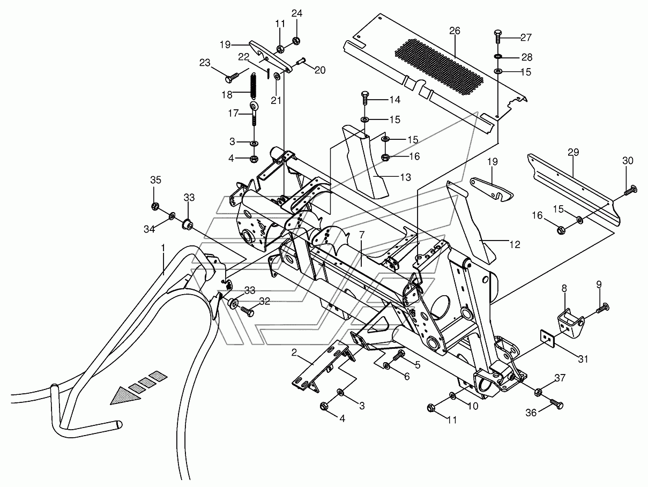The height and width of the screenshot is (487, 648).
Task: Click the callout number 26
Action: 455,31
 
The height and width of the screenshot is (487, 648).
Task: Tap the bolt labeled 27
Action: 497,36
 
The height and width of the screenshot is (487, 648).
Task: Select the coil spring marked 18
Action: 254,86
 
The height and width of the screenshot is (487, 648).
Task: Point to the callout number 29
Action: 573,152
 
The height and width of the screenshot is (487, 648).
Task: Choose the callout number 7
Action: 362,235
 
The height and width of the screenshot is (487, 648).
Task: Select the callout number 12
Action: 515,244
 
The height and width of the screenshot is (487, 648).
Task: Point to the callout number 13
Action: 406,177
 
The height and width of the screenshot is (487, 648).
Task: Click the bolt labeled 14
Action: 365,98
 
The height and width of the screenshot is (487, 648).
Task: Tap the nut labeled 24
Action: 297,40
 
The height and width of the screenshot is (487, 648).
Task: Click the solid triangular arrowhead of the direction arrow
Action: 125,396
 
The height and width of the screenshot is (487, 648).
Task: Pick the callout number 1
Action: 163,247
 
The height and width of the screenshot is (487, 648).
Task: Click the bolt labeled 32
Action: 248,311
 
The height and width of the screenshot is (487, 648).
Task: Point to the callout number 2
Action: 294,352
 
